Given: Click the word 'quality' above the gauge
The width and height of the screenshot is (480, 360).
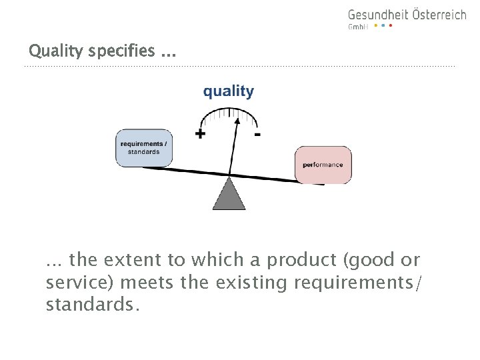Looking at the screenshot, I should (228, 91).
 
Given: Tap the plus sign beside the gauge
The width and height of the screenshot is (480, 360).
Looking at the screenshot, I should (200, 135).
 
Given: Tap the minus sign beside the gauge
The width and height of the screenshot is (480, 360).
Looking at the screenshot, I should (258, 135).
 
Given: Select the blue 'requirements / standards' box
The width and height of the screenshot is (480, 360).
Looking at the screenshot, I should (143, 147).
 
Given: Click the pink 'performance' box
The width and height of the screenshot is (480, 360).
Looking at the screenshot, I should (323, 165).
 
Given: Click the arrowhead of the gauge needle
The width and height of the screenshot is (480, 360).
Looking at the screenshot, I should (236, 121).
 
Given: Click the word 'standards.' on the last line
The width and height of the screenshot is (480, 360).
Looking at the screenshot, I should (93, 305).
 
